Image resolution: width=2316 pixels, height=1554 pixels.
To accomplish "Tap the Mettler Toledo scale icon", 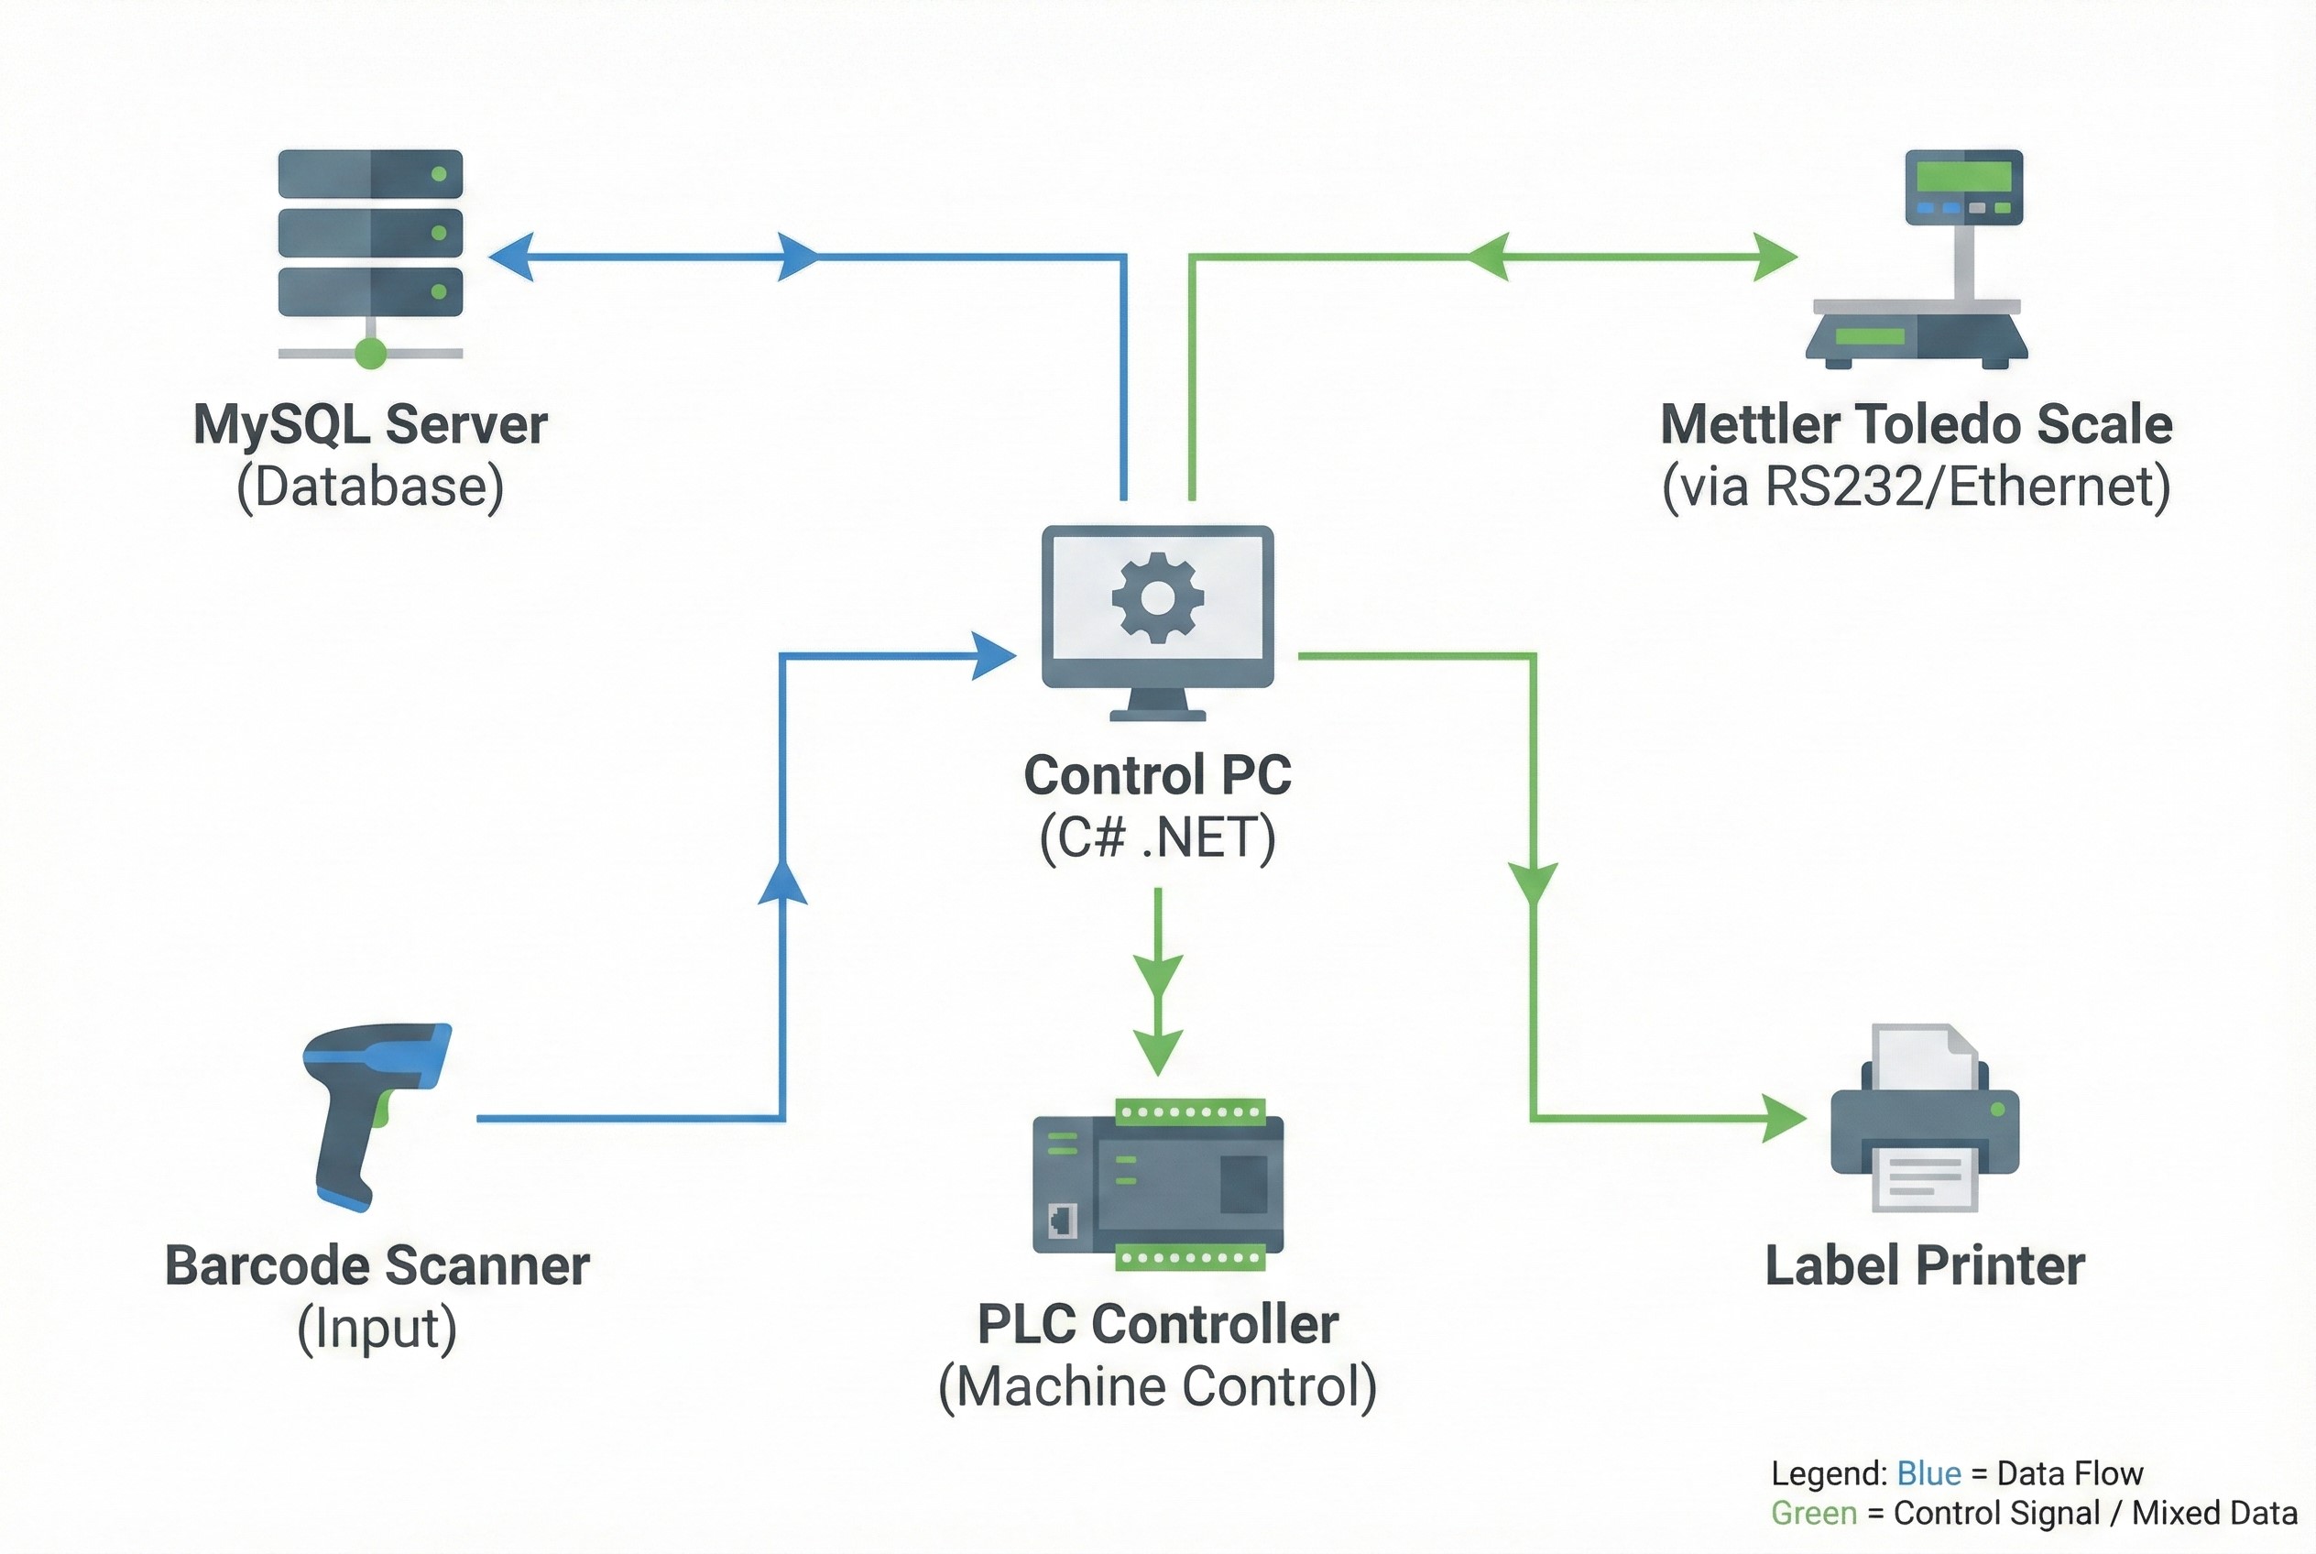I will (1917, 259).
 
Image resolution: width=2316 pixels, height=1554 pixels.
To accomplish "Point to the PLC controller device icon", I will (1157, 1185).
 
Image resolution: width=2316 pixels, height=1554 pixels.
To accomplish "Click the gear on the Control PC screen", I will (1157, 597).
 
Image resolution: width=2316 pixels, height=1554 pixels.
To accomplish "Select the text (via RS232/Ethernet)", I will (1917, 487).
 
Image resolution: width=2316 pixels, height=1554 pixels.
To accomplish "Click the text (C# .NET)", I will (1157, 838).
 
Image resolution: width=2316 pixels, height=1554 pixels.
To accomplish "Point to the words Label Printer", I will (1925, 1266).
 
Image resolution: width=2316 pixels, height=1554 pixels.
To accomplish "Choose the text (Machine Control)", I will (1157, 1386).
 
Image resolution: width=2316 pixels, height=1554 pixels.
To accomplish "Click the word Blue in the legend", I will (1928, 1473).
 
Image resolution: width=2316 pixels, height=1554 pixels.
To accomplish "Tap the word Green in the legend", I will (1814, 1514).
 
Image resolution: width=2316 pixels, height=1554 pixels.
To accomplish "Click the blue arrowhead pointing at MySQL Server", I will (511, 257).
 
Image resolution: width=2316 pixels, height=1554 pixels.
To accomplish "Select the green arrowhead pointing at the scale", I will (1774, 257).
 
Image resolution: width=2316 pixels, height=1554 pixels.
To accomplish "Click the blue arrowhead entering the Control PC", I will (994, 655).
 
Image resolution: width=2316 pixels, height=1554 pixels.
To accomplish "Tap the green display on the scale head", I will (1963, 177).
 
